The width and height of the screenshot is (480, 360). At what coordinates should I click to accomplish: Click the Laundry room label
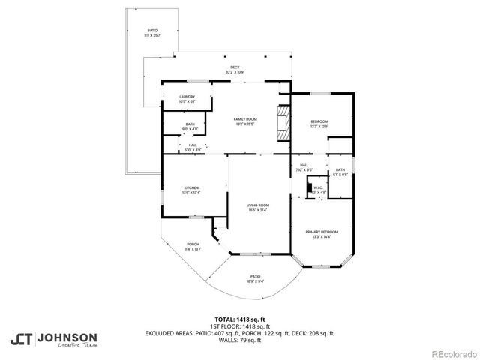click(x=187, y=98)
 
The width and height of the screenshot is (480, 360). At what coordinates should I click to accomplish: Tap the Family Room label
click(x=245, y=121)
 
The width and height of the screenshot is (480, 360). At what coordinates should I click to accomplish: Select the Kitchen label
click(x=190, y=190)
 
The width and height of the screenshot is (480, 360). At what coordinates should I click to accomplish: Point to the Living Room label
click(x=258, y=207)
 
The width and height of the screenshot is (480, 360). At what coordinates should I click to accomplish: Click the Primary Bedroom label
click(x=321, y=234)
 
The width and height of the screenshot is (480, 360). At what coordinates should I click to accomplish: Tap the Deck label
click(x=235, y=70)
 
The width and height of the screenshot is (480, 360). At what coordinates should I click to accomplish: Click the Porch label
click(x=193, y=246)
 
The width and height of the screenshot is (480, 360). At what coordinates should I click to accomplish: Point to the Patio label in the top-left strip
click(x=152, y=32)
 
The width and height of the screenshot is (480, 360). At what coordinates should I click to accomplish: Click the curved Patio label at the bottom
click(x=255, y=278)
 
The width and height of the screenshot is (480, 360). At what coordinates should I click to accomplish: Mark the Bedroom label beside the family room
click(x=319, y=124)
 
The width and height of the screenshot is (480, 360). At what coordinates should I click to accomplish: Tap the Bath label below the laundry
click(x=190, y=127)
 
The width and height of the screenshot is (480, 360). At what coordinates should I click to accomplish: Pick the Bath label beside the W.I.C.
click(x=340, y=172)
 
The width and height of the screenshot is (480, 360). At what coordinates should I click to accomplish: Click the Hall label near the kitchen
click(x=193, y=147)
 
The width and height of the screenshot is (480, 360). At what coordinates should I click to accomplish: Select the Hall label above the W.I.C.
click(x=304, y=167)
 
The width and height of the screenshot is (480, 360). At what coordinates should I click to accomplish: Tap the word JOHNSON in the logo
click(x=67, y=337)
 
